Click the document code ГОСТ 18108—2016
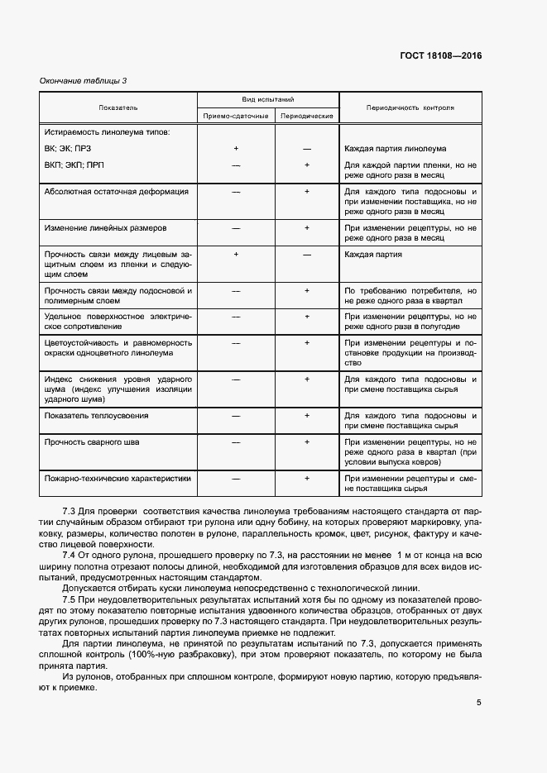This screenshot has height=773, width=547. click(x=439, y=55)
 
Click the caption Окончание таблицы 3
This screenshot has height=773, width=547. click(x=84, y=80)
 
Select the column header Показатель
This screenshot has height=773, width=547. click(x=118, y=107)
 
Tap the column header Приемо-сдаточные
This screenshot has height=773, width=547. click(x=236, y=117)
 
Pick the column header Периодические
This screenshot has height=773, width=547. click(x=307, y=117)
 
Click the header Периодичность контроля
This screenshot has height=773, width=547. click(x=410, y=107)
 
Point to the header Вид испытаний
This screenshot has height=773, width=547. click(x=267, y=98)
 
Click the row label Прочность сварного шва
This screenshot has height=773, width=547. click(x=92, y=442)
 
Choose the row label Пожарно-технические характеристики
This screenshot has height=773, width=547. click(x=118, y=478)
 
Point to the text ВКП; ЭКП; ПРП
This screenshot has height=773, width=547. click(x=74, y=165)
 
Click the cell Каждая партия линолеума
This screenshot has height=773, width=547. click(x=395, y=149)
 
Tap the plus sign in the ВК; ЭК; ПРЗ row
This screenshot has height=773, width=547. click(x=236, y=149)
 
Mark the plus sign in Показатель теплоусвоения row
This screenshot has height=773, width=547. click(x=307, y=415)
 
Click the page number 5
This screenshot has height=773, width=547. click(x=479, y=704)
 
